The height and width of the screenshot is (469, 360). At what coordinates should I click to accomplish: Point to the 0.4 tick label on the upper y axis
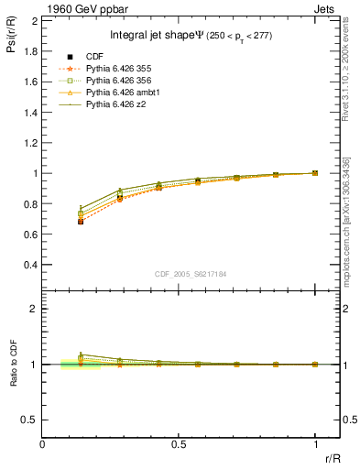(x=30, y=266)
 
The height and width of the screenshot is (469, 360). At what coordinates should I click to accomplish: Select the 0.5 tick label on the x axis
(x=178, y=445)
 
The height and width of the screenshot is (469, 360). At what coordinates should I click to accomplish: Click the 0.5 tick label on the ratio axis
(x=30, y=420)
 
